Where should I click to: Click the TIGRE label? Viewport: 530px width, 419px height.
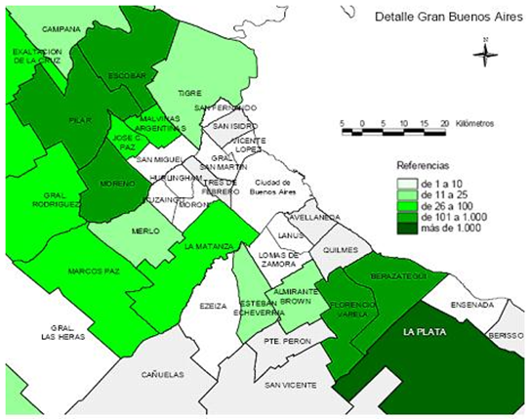(x=188, y=93)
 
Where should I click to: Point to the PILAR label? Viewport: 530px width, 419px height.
(x=80, y=120)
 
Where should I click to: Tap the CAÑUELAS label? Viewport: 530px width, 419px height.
(x=162, y=373)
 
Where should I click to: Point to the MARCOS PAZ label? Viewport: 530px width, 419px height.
(x=94, y=271)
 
